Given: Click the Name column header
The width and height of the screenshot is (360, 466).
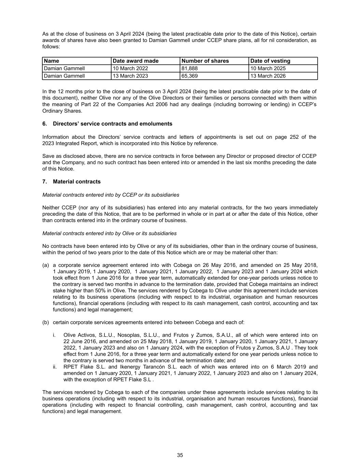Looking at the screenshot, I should tap(52, 61).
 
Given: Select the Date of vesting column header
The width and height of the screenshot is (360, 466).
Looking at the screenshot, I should tap(270, 61).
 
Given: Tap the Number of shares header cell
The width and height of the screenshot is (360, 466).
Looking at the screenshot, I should tap(205, 61).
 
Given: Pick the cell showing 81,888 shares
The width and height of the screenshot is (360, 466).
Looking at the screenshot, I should tap(190, 68).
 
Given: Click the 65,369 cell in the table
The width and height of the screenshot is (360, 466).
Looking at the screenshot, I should tap(190, 76).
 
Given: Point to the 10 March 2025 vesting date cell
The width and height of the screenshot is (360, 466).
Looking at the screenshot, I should tap(268, 68).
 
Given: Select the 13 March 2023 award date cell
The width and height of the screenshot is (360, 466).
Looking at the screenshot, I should tap(130, 76).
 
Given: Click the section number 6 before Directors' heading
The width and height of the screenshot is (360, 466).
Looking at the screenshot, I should tap(44, 124).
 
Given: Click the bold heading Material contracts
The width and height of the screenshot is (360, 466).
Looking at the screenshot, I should tap(76, 182).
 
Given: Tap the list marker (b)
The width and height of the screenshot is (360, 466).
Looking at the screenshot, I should tap(46, 322).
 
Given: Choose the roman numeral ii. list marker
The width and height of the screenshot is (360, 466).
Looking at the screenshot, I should tap(55, 367).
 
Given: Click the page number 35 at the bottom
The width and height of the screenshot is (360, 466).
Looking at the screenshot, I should tap(180, 455).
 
